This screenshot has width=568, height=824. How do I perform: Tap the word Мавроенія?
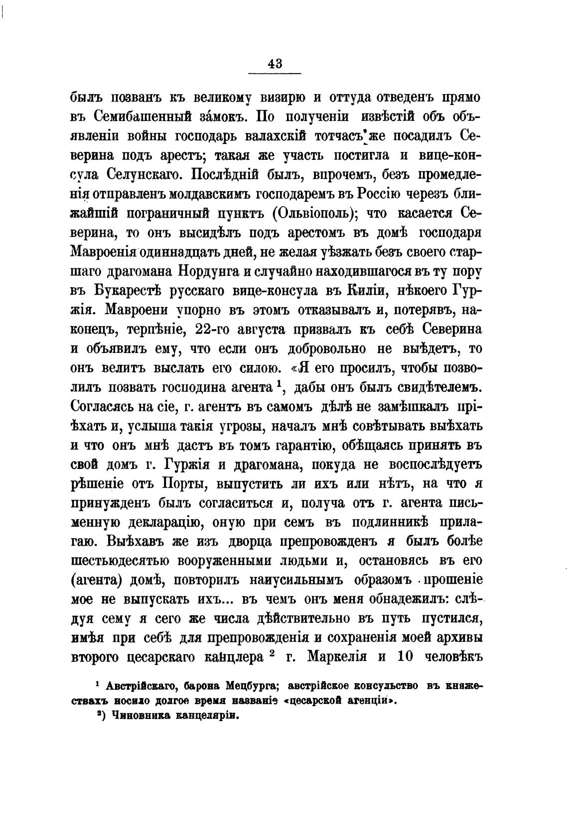tap(104, 252)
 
